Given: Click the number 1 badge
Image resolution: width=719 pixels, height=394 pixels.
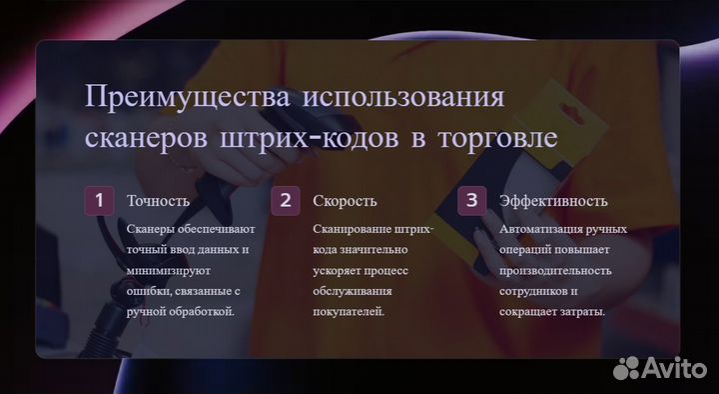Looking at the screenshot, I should coord(98,200).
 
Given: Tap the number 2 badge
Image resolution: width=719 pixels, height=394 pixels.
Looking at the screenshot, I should coord(285,200).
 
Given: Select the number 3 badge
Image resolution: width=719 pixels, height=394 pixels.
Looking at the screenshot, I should coord(471,200).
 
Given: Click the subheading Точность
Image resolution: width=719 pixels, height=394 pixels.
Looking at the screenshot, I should coord(158,201).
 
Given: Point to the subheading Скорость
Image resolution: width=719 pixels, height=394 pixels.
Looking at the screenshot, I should coord(345,201).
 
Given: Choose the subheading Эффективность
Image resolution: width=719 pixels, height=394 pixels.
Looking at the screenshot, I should coord(553,201).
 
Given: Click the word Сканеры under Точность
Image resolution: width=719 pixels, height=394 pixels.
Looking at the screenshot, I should coord(151,228).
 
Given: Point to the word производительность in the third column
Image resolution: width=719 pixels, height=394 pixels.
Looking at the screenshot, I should coord(555,269).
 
